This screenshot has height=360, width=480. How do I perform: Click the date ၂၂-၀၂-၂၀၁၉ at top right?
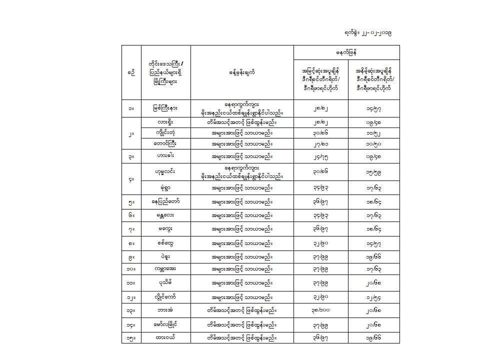tap(367, 32)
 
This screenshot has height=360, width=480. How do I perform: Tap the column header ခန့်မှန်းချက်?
tap(241, 72)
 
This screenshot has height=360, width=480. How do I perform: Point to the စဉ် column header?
tap(131, 72)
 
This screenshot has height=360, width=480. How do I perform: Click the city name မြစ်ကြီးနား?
tap(165, 107)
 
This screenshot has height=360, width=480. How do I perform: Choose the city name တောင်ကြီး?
tap(165, 143)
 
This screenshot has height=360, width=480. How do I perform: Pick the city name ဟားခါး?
tap(165, 156)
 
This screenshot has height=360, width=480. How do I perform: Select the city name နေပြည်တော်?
tap(165, 201)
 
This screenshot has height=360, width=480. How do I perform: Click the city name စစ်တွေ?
tap(165, 243)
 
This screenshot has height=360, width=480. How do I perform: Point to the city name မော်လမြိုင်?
tap(165, 324)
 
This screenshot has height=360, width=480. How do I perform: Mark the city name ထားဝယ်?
tap(165, 337)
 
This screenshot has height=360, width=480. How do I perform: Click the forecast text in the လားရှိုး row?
tap(241, 121)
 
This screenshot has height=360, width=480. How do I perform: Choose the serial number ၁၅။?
tap(131, 337)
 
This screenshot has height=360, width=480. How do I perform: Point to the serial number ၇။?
tap(131, 229)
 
